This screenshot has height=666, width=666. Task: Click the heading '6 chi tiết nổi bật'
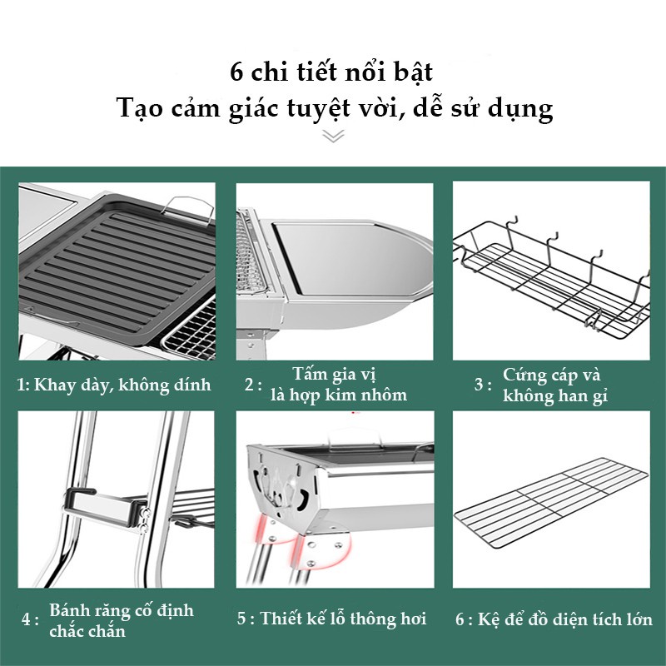tap(331, 72)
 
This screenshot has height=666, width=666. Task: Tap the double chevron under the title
tap(333, 136)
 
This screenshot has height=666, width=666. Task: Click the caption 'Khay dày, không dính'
tap(122, 385)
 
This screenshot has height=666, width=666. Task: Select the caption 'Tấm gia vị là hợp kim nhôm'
tap(339, 385)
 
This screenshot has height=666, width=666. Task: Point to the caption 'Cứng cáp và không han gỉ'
tap(555, 385)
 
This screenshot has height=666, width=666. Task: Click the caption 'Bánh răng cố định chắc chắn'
tap(122, 620)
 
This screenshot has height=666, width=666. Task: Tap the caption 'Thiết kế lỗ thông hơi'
tap(343, 619)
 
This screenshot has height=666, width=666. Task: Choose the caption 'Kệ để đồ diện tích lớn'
tap(565, 619)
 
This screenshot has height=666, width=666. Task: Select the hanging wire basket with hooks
tap(551, 276)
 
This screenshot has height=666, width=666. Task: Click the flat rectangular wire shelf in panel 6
tap(551, 503)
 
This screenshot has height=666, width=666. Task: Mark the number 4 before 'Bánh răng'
tap(26, 619)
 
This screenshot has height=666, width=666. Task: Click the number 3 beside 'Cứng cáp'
tap(479, 385)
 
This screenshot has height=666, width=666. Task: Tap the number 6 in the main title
tap(236, 72)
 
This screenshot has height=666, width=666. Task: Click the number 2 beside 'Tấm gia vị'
tap(249, 385)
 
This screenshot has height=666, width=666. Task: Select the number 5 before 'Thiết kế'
tap(241, 619)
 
